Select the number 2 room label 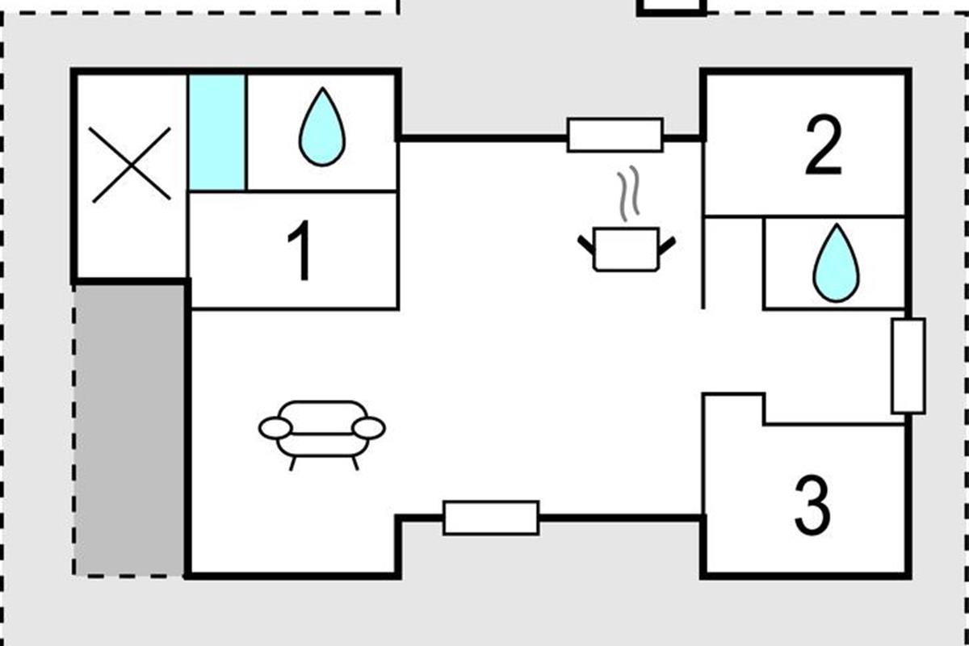click(823, 147)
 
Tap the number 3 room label click(812, 506)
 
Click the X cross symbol click(130, 164)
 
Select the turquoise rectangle click(216, 132)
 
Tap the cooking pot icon click(627, 249)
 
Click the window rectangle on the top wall click(615, 135)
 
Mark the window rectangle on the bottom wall click(491, 518)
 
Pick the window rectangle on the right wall click(908, 366)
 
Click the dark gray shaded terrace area click(129, 428)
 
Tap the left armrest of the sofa click(275, 429)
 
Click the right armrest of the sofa click(369, 429)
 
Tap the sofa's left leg click(292, 463)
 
